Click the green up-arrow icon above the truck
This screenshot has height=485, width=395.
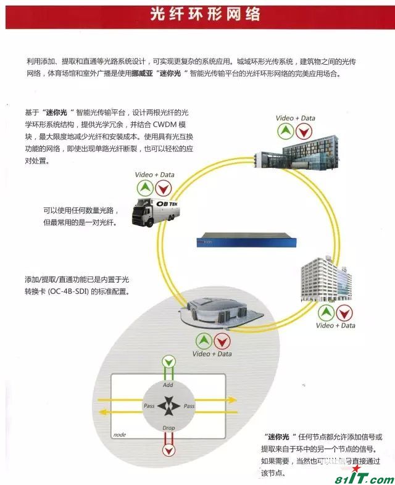click(x=144, y=188)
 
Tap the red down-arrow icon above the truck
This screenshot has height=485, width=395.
click(x=162, y=188)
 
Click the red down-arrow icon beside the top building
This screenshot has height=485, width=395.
click(x=303, y=131)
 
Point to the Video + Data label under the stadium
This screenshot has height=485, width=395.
click(x=211, y=354)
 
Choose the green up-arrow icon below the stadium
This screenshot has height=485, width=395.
click(x=203, y=341)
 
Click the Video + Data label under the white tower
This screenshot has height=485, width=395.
click(x=335, y=325)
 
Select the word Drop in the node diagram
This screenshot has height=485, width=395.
click(x=168, y=428)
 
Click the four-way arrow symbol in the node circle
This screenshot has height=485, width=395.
click(x=168, y=406)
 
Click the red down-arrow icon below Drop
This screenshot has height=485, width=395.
click(x=168, y=448)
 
